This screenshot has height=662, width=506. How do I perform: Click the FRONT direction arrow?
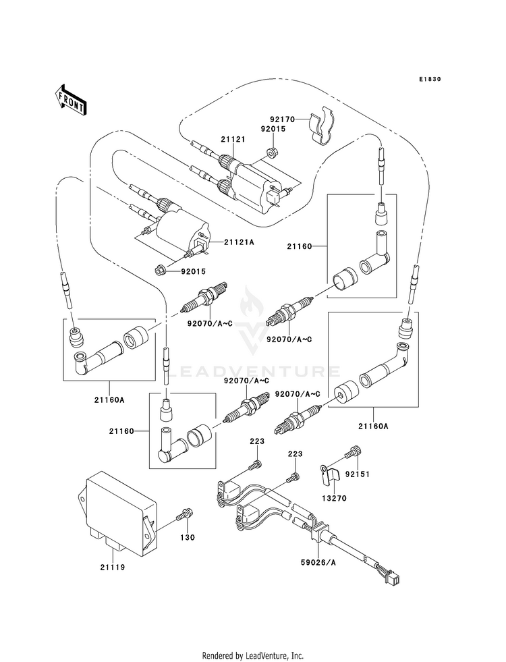(x=69, y=101)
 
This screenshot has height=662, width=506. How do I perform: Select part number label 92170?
(x=281, y=119)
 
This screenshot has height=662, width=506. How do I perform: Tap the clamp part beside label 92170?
(x=322, y=125)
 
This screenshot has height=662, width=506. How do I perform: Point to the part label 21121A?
(x=239, y=242)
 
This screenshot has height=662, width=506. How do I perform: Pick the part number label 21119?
(x=113, y=568)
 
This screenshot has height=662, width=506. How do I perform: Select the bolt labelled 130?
(x=186, y=515)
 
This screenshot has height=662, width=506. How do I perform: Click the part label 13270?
(x=334, y=499)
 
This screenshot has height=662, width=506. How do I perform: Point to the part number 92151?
(x=358, y=474)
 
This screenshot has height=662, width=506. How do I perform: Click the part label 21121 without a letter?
(x=233, y=139)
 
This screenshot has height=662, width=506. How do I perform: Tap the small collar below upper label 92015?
(x=273, y=151)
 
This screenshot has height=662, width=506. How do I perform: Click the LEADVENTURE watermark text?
(x=253, y=372)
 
